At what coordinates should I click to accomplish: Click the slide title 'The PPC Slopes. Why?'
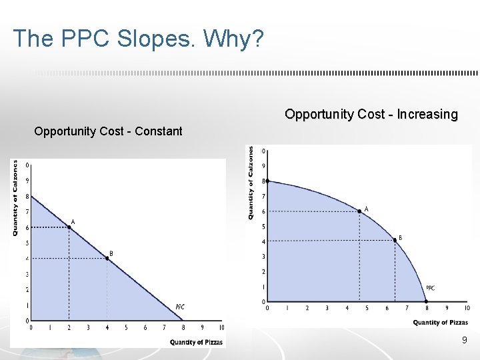coord(138,38)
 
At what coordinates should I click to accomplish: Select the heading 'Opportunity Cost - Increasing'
coord(371,114)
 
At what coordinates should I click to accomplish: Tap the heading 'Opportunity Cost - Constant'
coord(108,131)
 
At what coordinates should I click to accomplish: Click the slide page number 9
coord(464,341)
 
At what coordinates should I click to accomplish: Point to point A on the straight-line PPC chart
coord(69,227)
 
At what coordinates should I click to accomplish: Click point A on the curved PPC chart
coord(359,213)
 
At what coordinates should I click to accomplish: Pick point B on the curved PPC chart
coord(395,241)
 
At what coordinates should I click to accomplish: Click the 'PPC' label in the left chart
coord(180,307)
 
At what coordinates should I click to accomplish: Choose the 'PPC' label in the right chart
coord(430,288)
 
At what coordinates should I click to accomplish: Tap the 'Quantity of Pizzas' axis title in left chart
coord(196,342)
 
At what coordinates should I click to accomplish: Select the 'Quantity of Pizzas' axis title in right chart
coord(440,323)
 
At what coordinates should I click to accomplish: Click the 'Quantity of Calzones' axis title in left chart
coord(15,197)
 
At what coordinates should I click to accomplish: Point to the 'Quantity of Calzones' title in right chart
coord(251,183)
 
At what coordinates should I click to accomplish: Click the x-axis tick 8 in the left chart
coord(183,328)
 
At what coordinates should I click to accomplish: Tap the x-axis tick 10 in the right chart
coord(466,308)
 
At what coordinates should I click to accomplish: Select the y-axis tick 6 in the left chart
coord(27,227)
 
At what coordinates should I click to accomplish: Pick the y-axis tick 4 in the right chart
coord(263,241)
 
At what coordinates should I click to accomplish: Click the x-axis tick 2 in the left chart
coord(69,328)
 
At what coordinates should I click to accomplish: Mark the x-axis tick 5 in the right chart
coord(367,308)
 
